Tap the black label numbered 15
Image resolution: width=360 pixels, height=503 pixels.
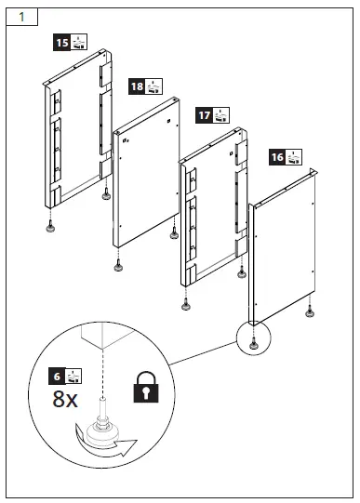[61, 43]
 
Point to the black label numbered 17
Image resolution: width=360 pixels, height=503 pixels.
[203, 115]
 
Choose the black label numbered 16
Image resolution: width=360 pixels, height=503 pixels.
[276, 156]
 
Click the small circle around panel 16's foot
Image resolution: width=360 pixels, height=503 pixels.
[252, 340]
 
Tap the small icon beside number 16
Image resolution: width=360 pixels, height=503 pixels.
[294, 156]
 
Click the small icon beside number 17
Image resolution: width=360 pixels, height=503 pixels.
[220, 115]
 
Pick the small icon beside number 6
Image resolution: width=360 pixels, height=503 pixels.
[77, 377]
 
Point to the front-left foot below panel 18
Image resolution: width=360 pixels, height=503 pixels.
[118, 268]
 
